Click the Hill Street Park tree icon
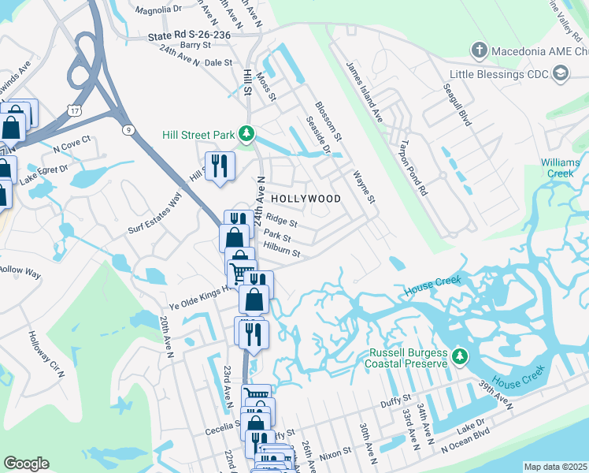click(246, 135)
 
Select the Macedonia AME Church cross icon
click(479, 52)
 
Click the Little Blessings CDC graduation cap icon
click(561, 73)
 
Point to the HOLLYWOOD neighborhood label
click(306, 199)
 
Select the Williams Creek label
click(560, 167)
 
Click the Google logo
click(26, 464)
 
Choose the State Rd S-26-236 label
click(190, 36)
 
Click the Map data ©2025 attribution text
click(555, 467)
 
